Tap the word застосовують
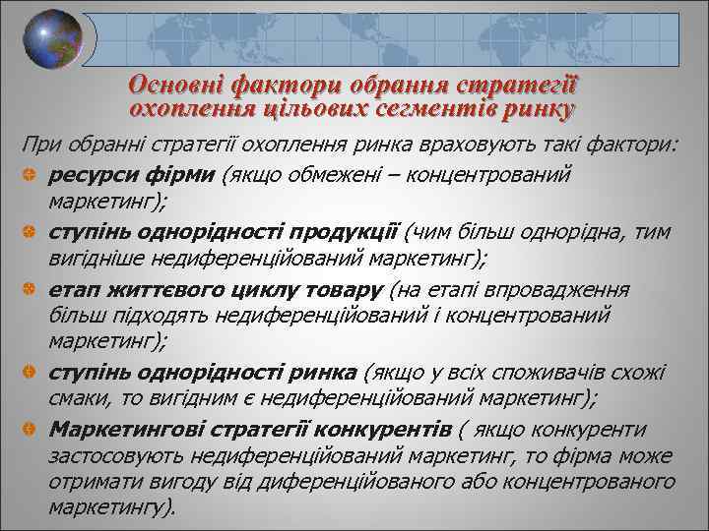click(108, 456)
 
